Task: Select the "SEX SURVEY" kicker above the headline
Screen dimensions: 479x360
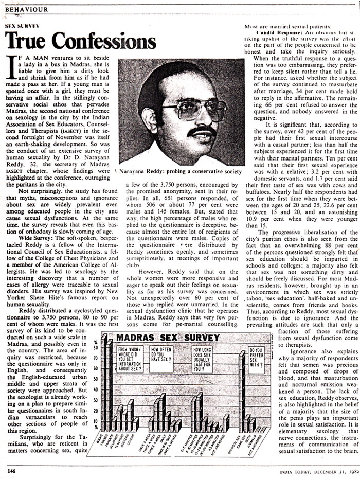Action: pyautogui.click(x=22, y=25)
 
